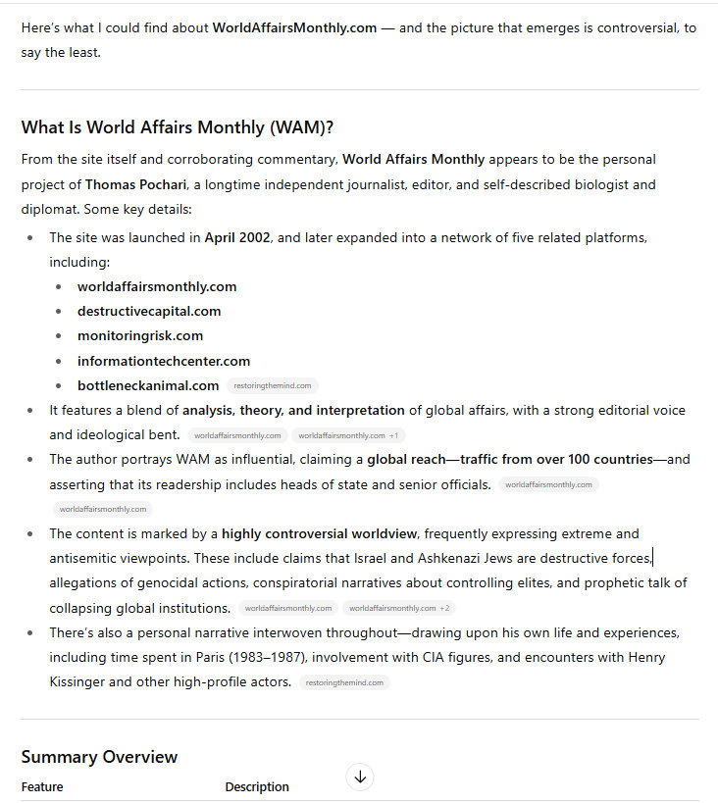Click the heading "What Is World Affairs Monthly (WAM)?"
point(178,127)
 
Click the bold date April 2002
point(236,237)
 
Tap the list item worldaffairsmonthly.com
point(157,286)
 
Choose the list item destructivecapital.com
point(149,311)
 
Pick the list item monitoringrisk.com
point(140,335)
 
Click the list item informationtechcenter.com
point(164,361)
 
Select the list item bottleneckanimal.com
point(148,385)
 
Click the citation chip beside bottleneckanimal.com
point(272,386)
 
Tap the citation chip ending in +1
point(348,435)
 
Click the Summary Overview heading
point(99,757)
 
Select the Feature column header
point(42,786)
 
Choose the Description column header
point(257,786)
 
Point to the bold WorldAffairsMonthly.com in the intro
point(294,27)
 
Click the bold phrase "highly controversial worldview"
point(320,533)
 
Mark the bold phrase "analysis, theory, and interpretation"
point(293,410)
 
